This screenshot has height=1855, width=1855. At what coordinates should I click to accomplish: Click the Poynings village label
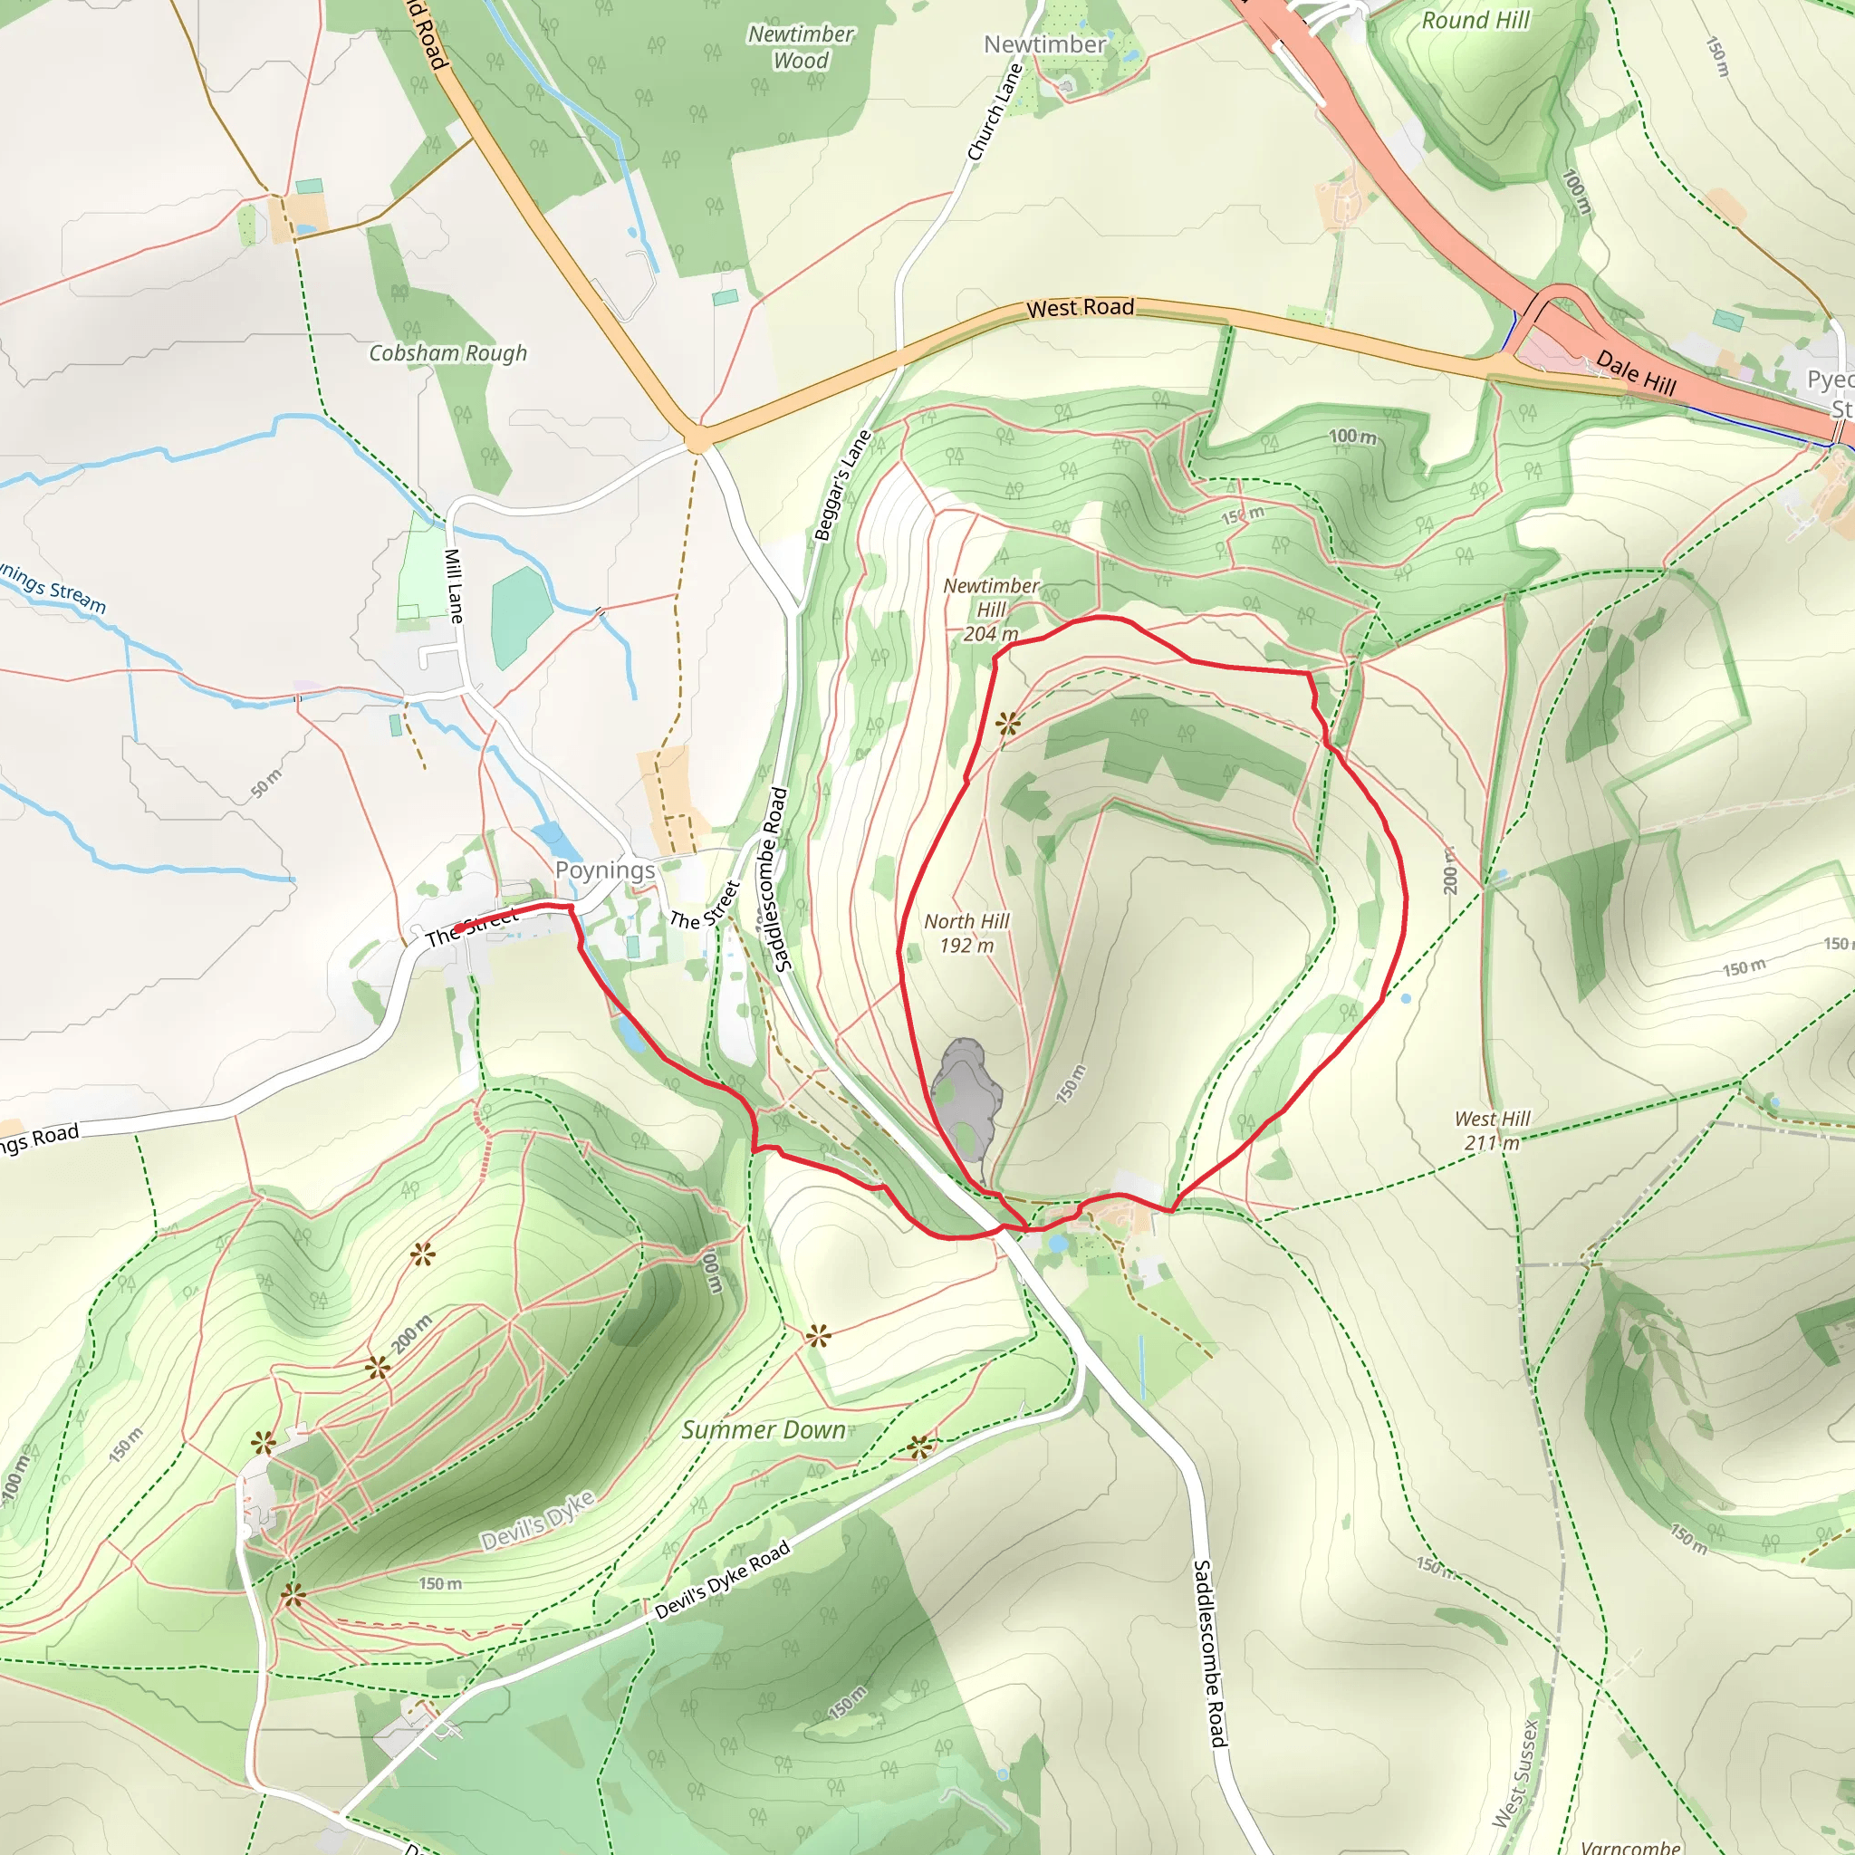click(x=605, y=870)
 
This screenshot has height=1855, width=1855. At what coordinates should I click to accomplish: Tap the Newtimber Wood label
click(x=801, y=47)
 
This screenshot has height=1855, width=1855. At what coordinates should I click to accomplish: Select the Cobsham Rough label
click(x=448, y=353)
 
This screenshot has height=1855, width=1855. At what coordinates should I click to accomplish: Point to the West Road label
click(x=1081, y=307)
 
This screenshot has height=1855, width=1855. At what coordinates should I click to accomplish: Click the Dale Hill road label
click(x=1636, y=373)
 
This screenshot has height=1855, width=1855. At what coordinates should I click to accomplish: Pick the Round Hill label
click(x=1475, y=20)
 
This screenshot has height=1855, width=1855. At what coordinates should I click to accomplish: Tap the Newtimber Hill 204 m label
click(x=991, y=610)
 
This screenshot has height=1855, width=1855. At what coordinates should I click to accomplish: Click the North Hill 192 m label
click(x=966, y=933)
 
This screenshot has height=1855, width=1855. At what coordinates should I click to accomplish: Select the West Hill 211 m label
click(x=1492, y=1130)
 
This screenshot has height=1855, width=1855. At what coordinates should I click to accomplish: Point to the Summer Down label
click(x=764, y=1429)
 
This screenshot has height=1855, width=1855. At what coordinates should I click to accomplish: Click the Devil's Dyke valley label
click(x=538, y=1520)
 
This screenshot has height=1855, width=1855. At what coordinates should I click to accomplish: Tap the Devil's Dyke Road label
click(x=723, y=1581)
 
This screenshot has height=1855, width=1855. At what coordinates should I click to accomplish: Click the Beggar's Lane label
click(x=842, y=485)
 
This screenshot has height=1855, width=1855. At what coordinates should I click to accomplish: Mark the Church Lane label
click(x=995, y=112)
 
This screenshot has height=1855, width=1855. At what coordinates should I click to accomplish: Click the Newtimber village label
click(x=1044, y=44)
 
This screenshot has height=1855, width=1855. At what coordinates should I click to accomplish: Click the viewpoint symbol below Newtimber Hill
click(x=1007, y=724)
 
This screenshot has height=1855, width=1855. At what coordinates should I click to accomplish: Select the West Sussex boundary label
click(x=1516, y=1773)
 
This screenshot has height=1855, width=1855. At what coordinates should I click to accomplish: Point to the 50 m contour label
click(x=267, y=783)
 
